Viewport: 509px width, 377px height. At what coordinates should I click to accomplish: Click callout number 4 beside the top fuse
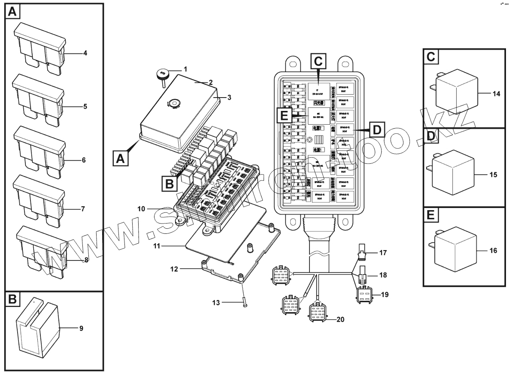tap(85, 53)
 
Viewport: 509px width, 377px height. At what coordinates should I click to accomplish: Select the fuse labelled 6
tap(39, 149)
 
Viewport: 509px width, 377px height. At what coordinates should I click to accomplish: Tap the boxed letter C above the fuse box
tap(318, 61)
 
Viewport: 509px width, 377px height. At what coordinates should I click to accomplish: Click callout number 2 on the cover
tap(211, 82)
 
